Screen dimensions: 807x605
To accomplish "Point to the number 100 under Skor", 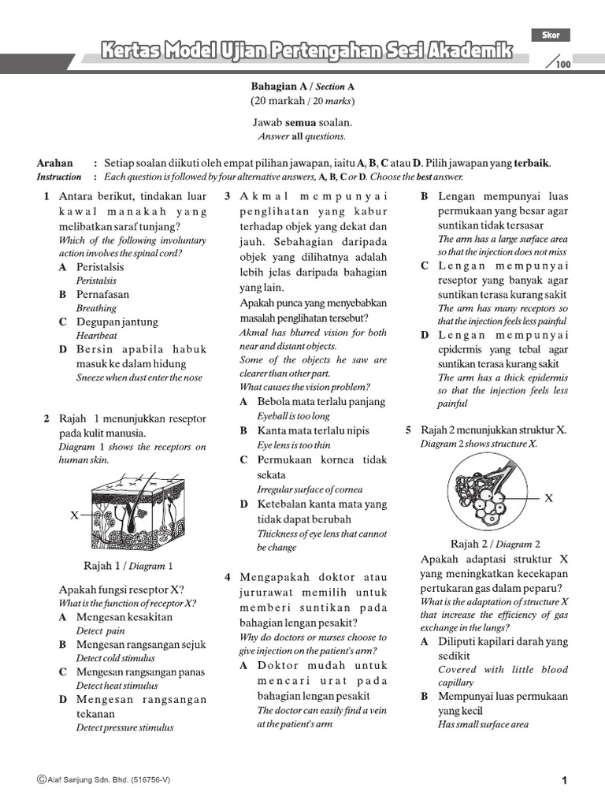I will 562,65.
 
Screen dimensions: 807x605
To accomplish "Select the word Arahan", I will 55,163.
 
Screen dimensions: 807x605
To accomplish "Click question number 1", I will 48,196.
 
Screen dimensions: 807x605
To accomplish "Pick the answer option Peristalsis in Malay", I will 100,267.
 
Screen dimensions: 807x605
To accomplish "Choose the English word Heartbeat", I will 97,336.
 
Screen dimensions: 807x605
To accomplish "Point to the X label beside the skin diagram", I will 74,515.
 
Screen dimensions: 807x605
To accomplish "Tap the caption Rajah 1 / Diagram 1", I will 128,565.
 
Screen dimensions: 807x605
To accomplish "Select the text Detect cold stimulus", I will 116,658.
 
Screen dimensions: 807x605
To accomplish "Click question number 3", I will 227,196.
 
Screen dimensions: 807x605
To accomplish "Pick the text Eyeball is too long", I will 294,416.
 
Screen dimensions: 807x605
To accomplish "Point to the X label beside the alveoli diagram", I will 548,498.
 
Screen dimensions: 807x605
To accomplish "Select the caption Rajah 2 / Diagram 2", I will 496,544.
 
